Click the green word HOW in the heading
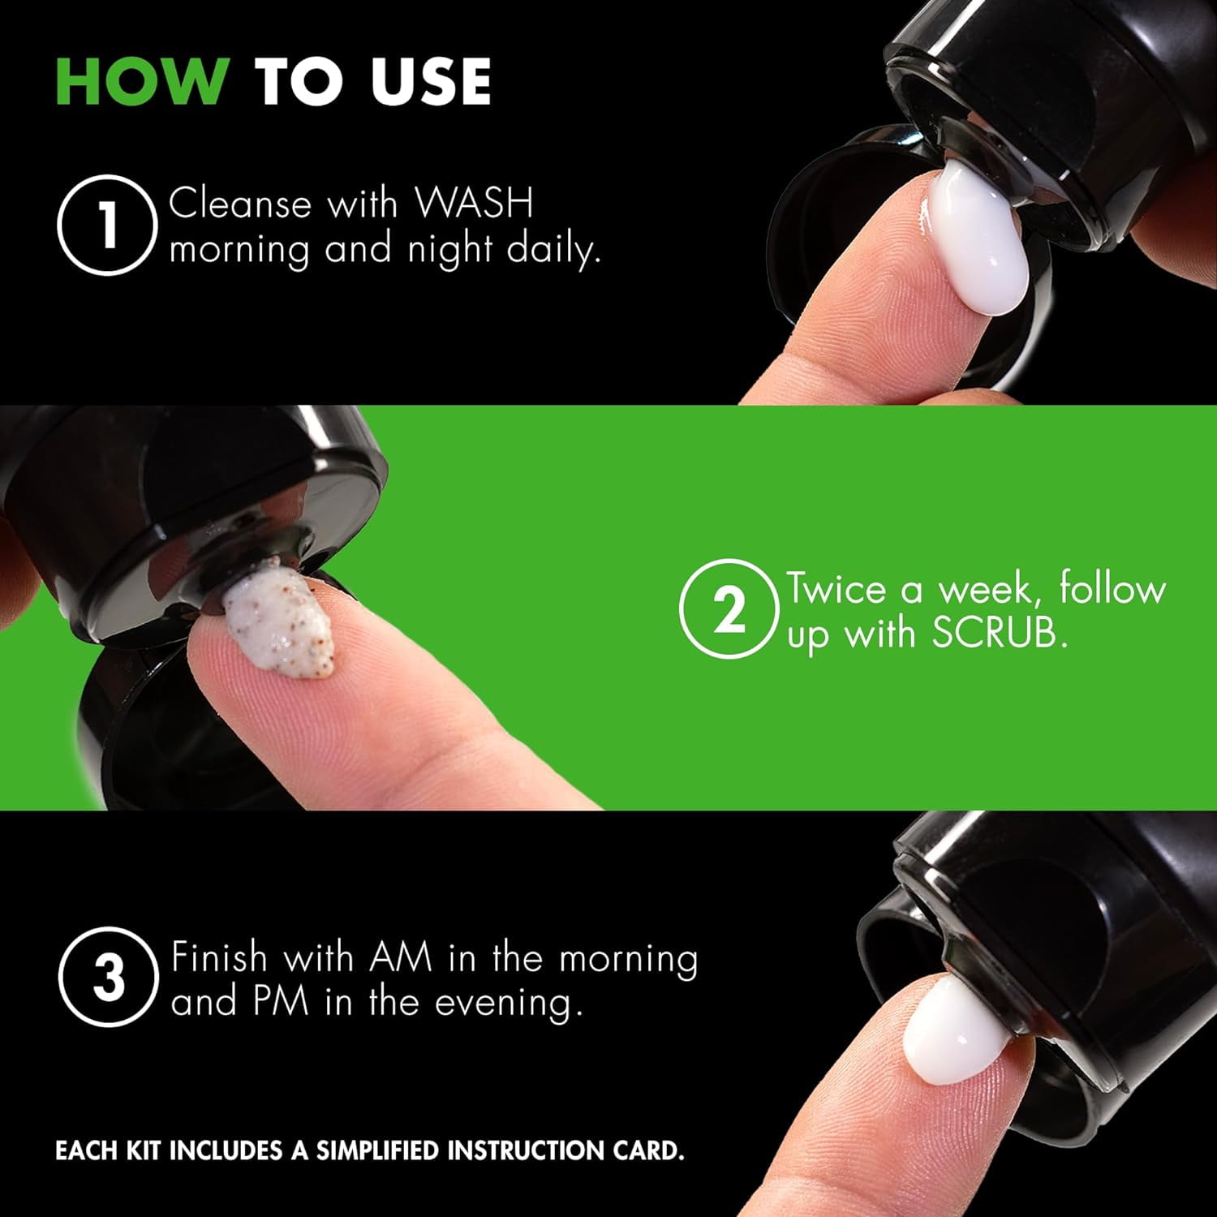tap(142, 81)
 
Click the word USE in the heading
tap(432, 81)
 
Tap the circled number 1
tap(107, 225)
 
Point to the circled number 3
tap(107, 978)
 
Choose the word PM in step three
tap(280, 1001)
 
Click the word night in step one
tap(449, 250)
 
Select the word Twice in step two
tap(836, 588)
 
